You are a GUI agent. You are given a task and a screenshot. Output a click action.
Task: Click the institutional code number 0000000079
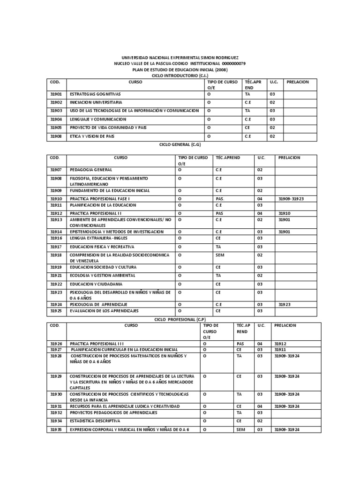tap(230, 63)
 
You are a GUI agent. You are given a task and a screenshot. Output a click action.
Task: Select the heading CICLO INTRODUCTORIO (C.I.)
tap(180, 75)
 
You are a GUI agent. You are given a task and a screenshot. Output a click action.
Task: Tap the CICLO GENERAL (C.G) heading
tap(180, 145)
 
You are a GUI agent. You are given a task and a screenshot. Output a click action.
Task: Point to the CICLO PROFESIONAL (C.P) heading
tap(180, 319)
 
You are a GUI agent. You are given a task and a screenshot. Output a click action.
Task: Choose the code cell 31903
tap(56, 111)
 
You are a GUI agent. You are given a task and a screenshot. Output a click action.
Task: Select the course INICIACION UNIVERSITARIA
tap(96, 102)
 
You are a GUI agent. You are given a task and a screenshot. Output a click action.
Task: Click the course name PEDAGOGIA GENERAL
tap(91, 170)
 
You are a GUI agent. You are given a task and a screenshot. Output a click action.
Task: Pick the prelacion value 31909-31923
tap(291, 199)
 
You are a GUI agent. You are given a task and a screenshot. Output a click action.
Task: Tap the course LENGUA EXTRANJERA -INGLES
tap(99, 238)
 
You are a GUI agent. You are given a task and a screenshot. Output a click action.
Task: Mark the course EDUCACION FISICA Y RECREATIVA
tap(102, 247)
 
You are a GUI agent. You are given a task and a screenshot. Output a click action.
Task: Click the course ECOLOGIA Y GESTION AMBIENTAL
tap(102, 276)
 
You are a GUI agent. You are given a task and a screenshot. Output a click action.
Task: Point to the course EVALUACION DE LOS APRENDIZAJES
tap(104, 311)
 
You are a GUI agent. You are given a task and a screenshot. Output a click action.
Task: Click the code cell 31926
tap(56, 344)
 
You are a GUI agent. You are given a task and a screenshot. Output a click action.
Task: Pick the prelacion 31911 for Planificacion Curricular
tap(280, 350)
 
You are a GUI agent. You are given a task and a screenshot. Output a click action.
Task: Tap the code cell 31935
tap(56, 429)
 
